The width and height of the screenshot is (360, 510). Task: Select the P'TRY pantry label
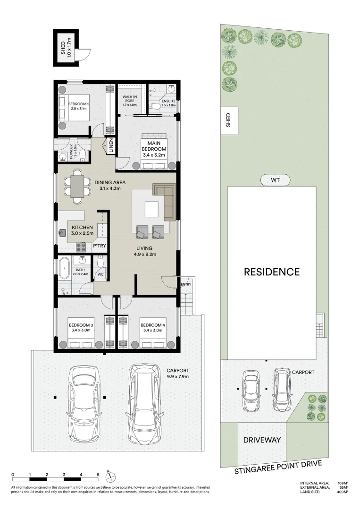coord(99,246)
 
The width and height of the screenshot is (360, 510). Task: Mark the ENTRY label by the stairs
coord(186,284)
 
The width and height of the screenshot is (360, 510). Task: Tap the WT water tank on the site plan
coord(275,180)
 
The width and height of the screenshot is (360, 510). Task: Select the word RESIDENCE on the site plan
coord(271,272)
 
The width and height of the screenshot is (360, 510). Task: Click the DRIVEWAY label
coord(262,440)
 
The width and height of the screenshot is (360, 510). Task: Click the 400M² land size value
coord(342,492)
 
